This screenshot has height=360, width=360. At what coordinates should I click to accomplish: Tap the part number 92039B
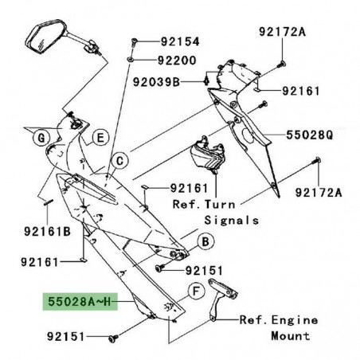point(158,80)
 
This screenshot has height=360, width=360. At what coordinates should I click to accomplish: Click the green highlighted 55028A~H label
point(82,303)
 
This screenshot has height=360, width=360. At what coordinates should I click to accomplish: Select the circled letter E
point(100,137)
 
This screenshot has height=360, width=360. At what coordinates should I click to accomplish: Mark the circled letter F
point(191,293)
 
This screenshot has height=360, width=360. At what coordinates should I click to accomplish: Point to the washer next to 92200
point(131,59)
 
